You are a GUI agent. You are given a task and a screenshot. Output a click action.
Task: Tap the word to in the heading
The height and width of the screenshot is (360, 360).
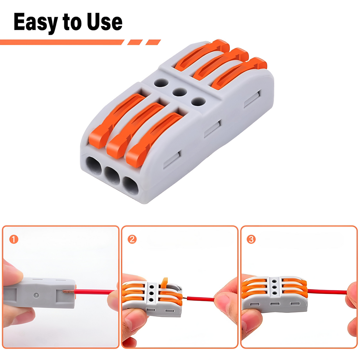72,22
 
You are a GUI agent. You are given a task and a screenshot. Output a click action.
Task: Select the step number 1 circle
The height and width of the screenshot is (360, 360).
14,239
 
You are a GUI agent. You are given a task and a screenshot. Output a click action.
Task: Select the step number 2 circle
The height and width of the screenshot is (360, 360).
132,239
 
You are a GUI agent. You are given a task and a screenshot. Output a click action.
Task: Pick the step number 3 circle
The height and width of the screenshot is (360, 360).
251,239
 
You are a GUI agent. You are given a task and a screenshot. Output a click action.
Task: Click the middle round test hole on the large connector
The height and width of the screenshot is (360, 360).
180,92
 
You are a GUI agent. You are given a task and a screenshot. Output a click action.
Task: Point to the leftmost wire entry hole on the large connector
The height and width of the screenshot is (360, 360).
94,165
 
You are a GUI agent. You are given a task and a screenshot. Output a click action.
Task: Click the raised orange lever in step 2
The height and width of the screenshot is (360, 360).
164,283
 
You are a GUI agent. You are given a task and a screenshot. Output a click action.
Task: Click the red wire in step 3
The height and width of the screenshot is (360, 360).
327,292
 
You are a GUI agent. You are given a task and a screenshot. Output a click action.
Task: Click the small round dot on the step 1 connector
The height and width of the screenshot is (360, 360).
36,295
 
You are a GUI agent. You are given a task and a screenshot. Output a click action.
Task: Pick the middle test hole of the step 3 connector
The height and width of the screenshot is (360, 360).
274,287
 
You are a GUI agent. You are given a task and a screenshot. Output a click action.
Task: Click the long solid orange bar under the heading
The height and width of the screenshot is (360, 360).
62,42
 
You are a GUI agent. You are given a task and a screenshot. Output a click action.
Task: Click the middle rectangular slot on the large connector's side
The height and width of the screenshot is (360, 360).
212,129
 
